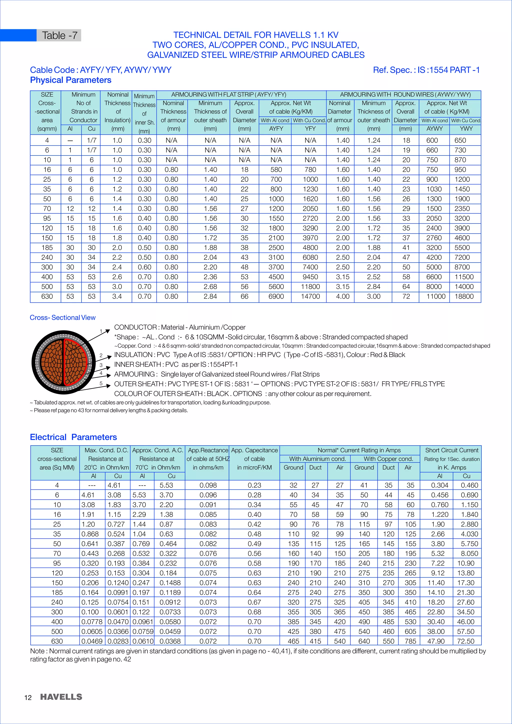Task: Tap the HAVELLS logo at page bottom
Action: pyautogui.click(x=61, y=697)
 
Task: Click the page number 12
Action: pyautogui.click(x=28, y=697)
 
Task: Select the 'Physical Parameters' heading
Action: pyautogui.click(x=70, y=80)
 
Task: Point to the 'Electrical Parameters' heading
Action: pyautogui.click(x=73, y=437)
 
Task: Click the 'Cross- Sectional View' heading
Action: pyautogui.click(x=62, y=317)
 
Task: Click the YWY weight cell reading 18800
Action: pyautogui.click(x=464, y=296)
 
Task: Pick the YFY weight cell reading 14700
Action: pyautogui.click(x=310, y=296)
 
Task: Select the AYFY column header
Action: pyautogui.click(x=276, y=129)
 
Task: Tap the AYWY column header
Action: pyautogui.click(x=434, y=129)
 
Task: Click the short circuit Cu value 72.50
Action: pyautogui.click(x=466, y=641)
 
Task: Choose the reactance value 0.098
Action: pyautogui.click(x=208, y=485)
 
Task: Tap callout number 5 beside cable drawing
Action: pyautogui.click(x=101, y=383)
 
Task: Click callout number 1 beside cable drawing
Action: pyautogui.click(x=101, y=331)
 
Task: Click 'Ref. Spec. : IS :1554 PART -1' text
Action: pyautogui.click(x=426, y=70)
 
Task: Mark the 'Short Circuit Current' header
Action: pyautogui.click(x=451, y=450)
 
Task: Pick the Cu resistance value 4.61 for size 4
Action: pyautogui.click(x=114, y=485)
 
